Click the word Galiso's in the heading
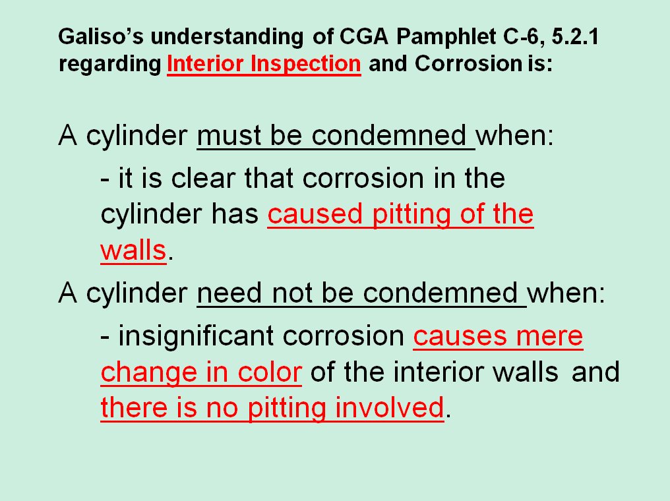[x=101, y=36]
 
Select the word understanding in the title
[x=227, y=38]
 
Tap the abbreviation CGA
[x=363, y=36]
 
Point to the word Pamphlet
[x=446, y=37]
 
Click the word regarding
[x=110, y=65]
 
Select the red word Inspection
[x=305, y=65]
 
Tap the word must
[x=229, y=136]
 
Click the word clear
[x=203, y=178]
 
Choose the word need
[x=229, y=293]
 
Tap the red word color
[x=270, y=372]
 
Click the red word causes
[x=460, y=337]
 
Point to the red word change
[x=148, y=373]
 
